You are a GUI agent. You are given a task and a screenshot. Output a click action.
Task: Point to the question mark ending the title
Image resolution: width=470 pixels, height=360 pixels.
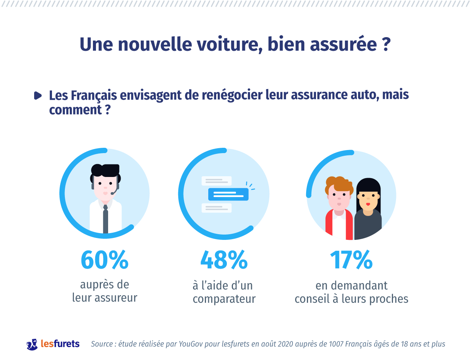pos(384,45)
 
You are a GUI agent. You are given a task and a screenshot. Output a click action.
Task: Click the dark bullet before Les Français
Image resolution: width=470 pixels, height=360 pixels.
pos(38,95)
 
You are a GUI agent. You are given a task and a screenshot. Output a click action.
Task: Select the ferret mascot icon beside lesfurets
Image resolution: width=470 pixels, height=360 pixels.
pos(32,344)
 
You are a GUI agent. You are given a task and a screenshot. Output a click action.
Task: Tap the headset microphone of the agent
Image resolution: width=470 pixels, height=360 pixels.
pos(113,193)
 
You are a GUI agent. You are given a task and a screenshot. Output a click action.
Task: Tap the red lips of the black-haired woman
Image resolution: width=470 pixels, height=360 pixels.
pos(368,204)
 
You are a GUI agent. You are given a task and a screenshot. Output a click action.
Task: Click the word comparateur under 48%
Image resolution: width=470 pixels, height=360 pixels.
pos(224,299)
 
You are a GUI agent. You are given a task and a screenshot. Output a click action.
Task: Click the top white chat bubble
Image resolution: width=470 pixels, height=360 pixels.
pos(216,181)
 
